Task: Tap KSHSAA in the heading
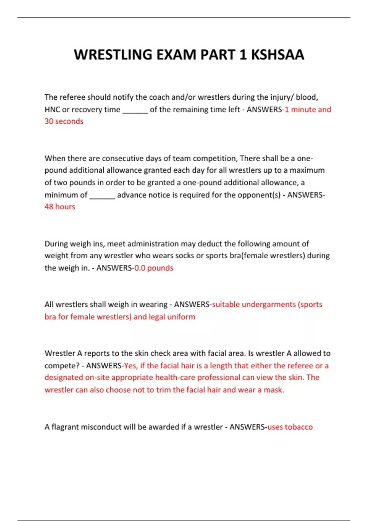(278, 55)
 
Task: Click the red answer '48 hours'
(60, 207)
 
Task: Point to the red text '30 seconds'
(64, 121)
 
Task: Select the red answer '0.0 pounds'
(154, 268)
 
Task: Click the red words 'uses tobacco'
(290, 427)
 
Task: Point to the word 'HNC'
(52, 109)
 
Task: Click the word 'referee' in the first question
(72, 97)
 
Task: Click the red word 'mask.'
(274, 390)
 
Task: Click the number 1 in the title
(243, 55)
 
